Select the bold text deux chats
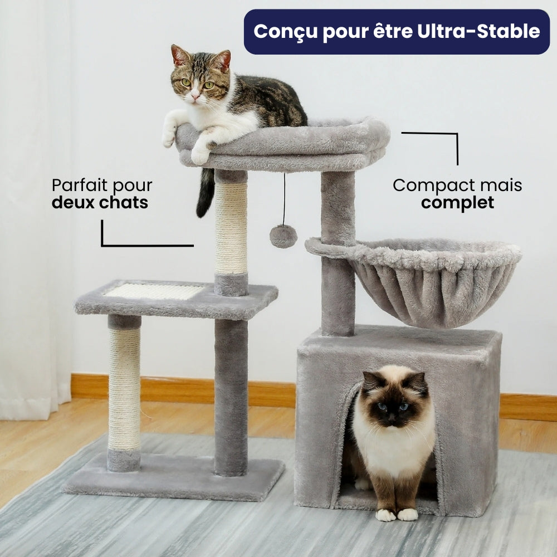tap(100, 203)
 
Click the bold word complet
tap(457, 203)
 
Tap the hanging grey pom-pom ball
tap(283, 236)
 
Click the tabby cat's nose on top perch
tap(194, 97)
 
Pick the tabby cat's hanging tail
tap(205, 193)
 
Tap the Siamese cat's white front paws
tap(397, 514)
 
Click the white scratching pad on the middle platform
tap(154, 291)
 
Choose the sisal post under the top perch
tap(231, 228)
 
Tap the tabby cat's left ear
tap(179, 55)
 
